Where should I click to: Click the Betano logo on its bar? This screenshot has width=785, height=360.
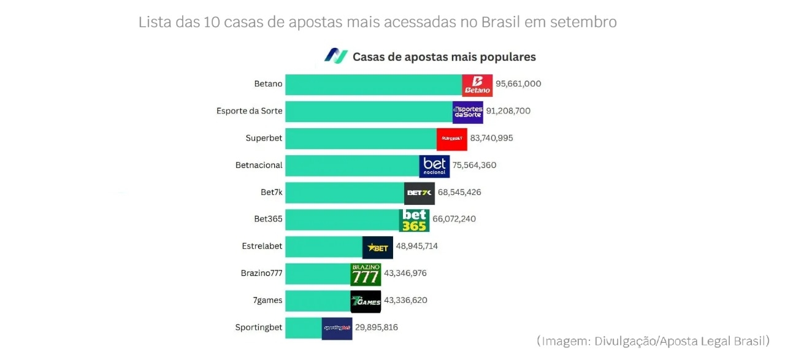pos(477,85)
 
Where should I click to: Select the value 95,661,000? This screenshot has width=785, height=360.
pos(518,84)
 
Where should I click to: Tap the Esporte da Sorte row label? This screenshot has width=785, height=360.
pos(250,111)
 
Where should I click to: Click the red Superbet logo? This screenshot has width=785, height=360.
pos(452,139)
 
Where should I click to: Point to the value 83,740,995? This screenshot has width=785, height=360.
pos(491,138)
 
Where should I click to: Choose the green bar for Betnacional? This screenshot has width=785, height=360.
pos(352,166)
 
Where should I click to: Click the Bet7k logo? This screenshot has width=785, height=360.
pos(419,193)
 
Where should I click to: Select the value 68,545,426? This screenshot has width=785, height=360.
pos(459,193)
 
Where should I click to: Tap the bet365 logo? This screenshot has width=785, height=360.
pos(414,220)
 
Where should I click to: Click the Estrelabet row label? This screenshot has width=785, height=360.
pos(262,246)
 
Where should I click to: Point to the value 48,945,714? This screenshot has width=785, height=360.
pos(417,246)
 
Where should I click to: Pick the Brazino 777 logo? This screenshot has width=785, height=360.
pos(366,274)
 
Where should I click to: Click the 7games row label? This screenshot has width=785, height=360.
pos(267,300)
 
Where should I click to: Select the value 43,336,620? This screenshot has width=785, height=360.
pos(405,301)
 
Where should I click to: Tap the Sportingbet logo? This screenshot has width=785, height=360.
pos(337,328)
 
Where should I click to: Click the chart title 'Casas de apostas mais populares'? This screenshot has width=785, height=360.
pos(444,57)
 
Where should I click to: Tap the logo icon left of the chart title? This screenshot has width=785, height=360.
pos(335,56)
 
